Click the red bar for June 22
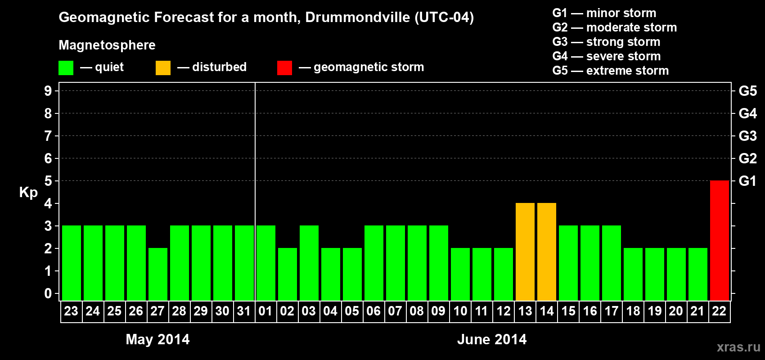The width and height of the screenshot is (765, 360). tap(719, 240)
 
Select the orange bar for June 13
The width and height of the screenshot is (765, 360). tap(525, 252)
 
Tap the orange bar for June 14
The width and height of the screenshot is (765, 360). tap(547, 252)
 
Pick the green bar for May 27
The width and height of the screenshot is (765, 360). tap(158, 274)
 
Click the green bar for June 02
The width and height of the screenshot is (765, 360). tap(288, 274)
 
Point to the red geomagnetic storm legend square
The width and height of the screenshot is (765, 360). tap(284, 68)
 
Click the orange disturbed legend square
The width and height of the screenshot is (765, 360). tap(163, 68)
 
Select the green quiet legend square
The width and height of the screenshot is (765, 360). tap(66, 68)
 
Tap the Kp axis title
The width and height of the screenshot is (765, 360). tap(28, 192)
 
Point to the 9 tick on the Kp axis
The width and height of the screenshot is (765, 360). tap(48, 91)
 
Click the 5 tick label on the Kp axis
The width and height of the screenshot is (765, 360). tap(48, 181)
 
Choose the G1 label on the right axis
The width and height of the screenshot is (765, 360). tap(747, 181)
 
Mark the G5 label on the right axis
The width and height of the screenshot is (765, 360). tap(747, 91)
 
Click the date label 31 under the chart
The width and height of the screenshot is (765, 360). tap(244, 311)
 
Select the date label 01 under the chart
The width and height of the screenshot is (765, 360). tap(265, 311)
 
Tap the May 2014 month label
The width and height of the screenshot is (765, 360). tap(157, 339)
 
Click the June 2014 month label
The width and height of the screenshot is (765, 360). tap(492, 339)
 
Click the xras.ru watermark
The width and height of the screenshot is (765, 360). tap(738, 347)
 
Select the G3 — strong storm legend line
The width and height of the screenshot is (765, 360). tap(606, 42)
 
